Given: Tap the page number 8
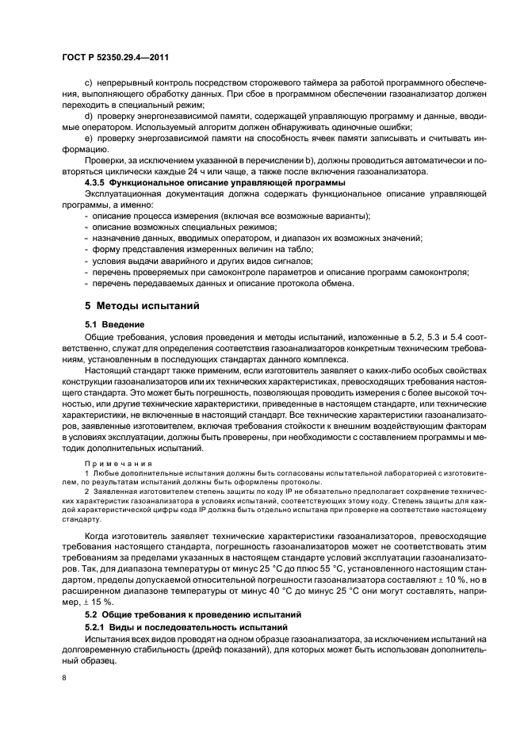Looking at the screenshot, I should coord(64,678).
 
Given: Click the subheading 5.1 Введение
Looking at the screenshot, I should coord(114,324).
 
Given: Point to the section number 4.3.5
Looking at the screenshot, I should coord(98,183).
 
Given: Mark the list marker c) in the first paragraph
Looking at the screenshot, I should coord(88,83).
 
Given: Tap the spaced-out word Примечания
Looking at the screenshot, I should coord(116,463).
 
